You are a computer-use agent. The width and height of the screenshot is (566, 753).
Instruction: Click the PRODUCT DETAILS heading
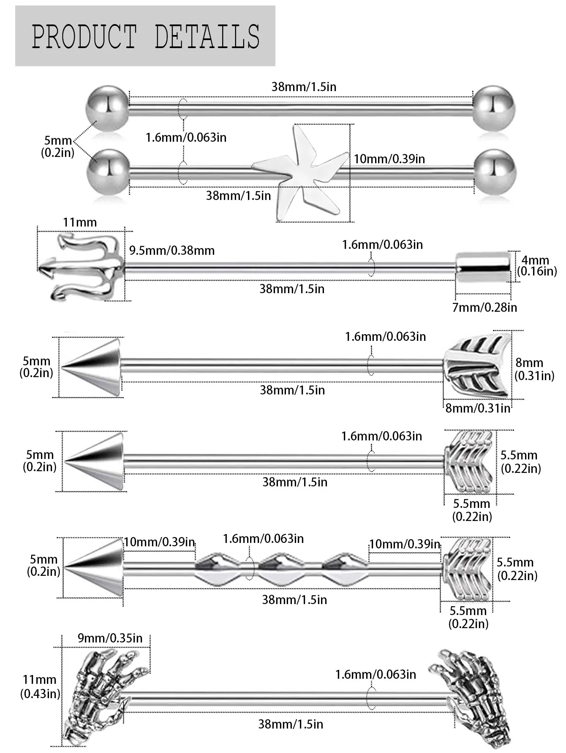[x=146, y=36]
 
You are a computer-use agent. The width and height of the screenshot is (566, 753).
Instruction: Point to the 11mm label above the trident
[x=80, y=222]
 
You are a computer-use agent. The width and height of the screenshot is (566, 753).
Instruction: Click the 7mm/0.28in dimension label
[x=484, y=307]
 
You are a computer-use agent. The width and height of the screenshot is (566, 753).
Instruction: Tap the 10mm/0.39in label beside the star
[x=389, y=159]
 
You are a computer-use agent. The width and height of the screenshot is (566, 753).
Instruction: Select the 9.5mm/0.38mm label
[x=172, y=251]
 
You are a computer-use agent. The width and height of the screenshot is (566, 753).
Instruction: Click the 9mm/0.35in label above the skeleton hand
[x=110, y=638]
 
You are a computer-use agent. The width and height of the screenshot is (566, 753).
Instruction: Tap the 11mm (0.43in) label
[x=40, y=686]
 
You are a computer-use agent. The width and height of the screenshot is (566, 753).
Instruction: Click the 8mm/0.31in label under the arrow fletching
[x=478, y=408]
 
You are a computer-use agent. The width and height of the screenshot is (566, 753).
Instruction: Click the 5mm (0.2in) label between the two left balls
[x=57, y=146]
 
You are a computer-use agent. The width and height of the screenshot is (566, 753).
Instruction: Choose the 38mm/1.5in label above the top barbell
[x=304, y=87]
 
